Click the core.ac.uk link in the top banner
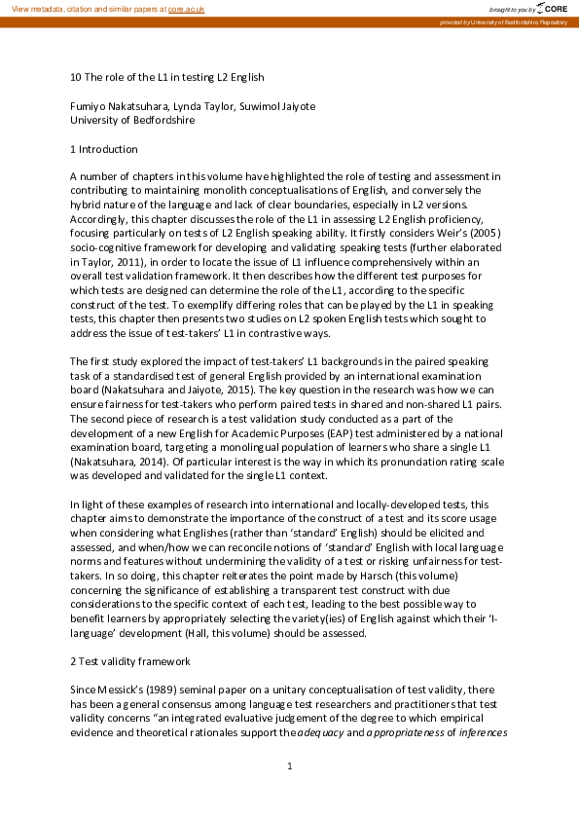click(x=186, y=8)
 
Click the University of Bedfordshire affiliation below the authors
click(x=132, y=121)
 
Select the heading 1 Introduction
click(x=103, y=149)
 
